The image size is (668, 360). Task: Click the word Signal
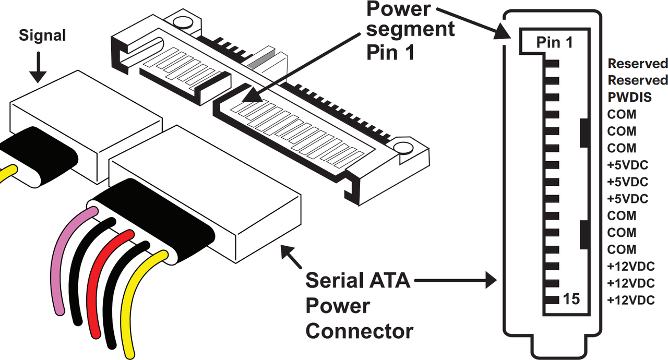tap(42, 35)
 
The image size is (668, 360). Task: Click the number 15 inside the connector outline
tap(571, 299)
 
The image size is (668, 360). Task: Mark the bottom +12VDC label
tap(631, 300)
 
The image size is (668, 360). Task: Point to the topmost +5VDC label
tap(628, 165)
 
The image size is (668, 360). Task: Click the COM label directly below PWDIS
tap(622, 114)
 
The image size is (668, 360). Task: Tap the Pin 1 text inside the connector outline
tap(555, 42)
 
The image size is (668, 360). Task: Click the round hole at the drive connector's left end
tap(181, 23)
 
